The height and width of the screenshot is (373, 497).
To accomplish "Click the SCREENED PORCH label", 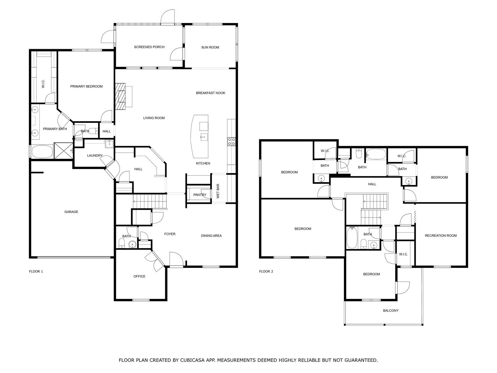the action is (149, 47).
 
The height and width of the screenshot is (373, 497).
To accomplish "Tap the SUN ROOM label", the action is (210, 47).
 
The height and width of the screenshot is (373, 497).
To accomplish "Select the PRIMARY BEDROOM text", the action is (86, 86).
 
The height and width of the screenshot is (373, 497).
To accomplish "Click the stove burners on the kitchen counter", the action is (231, 141).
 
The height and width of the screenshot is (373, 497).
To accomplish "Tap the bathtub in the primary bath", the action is (42, 151).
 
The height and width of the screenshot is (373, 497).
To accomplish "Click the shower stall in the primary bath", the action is (64, 151).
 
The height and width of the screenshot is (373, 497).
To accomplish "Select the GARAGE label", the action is (71, 212).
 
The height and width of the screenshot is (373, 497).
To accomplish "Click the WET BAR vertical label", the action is (218, 191).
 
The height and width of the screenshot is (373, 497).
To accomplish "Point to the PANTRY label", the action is (200, 195).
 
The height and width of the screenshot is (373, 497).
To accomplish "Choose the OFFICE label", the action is (139, 276).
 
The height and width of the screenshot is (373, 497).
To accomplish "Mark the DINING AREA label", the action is (211, 236).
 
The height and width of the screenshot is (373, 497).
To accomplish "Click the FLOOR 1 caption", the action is (36, 271).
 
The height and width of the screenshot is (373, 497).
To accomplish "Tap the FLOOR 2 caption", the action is (266, 271).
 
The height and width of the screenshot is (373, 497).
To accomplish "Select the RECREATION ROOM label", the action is (440, 236).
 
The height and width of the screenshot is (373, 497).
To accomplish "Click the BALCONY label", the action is (390, 311).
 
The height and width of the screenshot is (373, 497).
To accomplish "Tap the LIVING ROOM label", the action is (154, 118).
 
